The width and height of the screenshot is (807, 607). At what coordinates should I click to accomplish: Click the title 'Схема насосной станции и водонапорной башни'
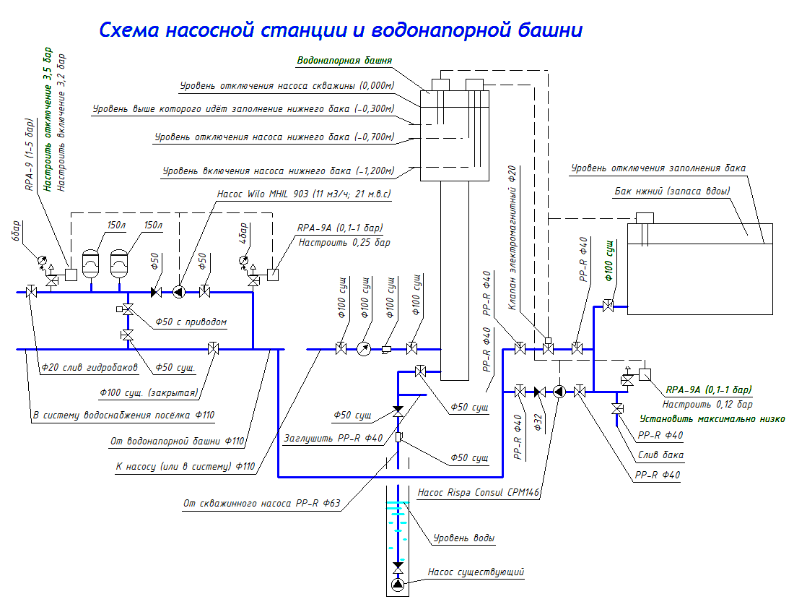(x=340, y=30)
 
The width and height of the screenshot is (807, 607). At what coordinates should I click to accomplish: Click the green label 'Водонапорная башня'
(x=344, y=62)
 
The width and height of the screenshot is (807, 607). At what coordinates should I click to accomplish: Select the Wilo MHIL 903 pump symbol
(x=178, y=292)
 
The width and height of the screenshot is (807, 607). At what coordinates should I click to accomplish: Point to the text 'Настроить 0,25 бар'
(x=344, y=243)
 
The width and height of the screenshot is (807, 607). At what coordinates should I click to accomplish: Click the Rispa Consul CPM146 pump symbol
(x=559, y=392)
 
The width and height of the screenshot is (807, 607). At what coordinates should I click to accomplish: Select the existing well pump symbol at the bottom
(x=398, y=585)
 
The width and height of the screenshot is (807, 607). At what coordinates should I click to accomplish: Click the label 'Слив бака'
(x=660, y=455)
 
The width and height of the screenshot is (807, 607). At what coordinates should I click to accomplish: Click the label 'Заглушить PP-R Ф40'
(x=333, y=438)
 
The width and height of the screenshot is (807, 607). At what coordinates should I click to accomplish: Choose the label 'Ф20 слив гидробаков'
(x=89, y=367)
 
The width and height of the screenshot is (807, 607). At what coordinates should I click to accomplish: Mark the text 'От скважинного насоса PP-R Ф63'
(x=263, y=503)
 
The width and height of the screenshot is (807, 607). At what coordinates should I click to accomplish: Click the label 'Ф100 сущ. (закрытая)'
(x=148, y=393)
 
